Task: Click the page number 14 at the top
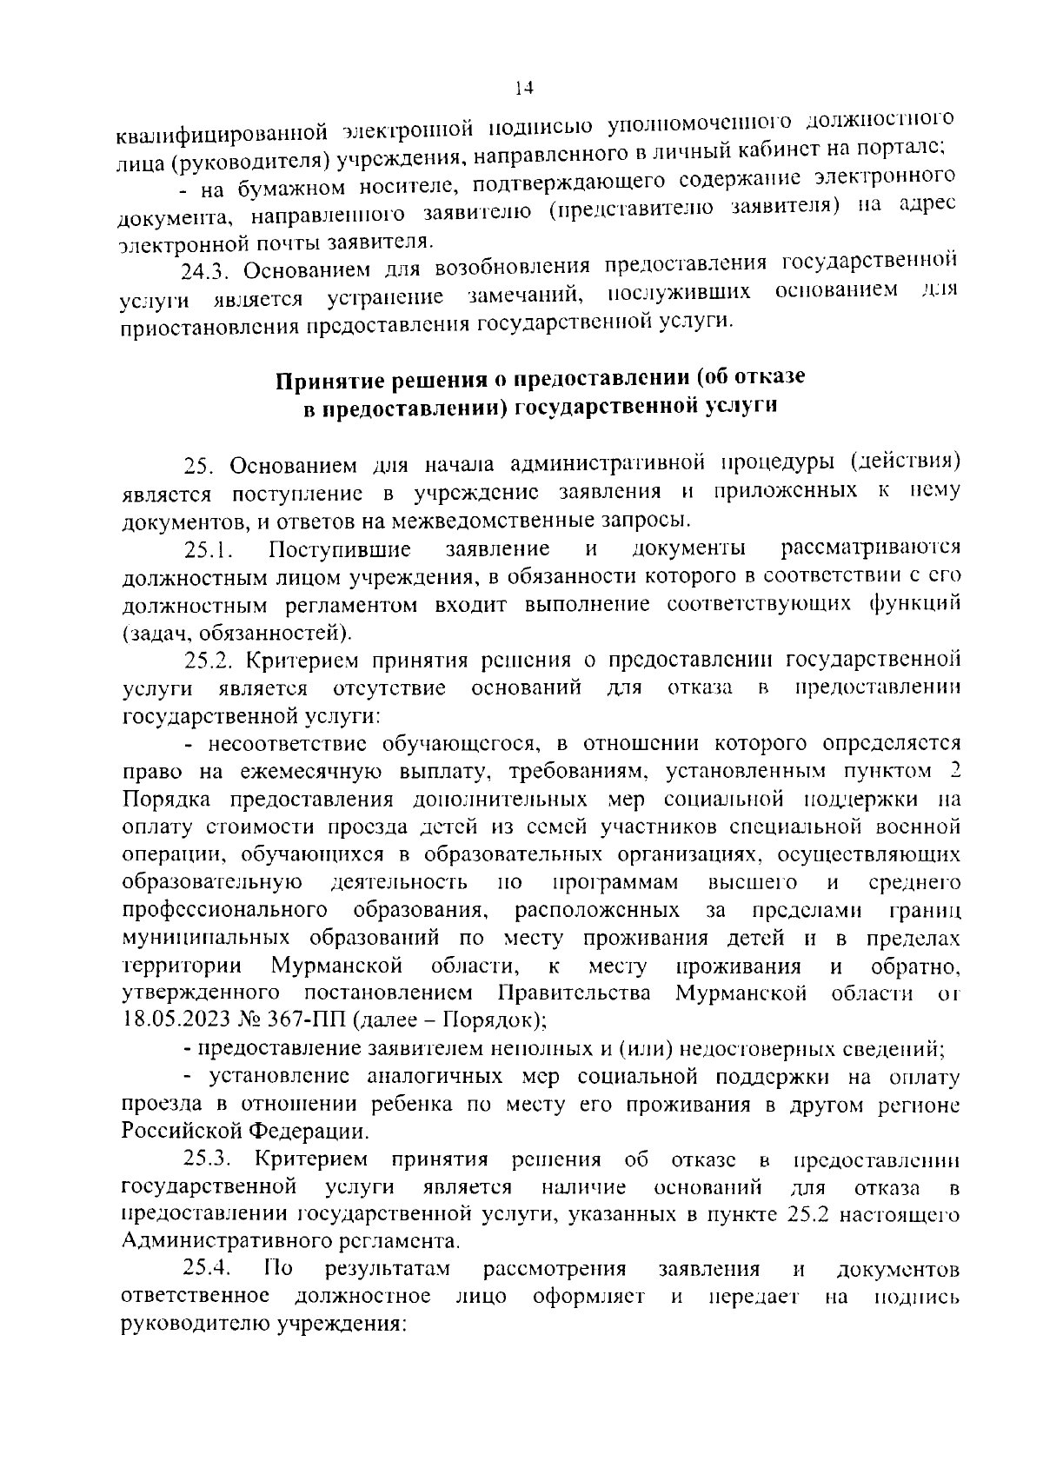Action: click(x=522, y=87)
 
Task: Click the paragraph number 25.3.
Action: click(x=209, y=1160)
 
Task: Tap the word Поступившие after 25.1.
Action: click(x=340, y=549)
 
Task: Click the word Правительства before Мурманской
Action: click(x=575, y=993)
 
